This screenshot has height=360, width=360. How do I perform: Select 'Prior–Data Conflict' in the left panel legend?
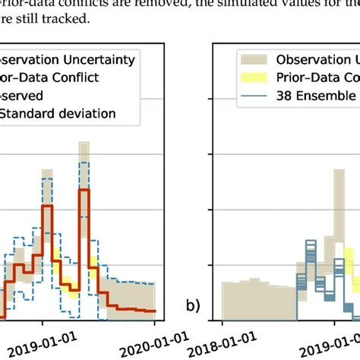(x=49, y=77)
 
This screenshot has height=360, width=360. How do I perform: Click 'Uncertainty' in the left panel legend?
(x=99, y=59)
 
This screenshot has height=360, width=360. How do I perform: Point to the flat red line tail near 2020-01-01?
(x=141, y=310)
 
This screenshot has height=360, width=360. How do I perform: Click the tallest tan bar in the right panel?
(x=334, y=220)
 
